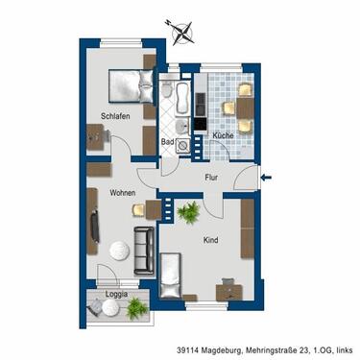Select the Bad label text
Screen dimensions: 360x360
click(167, 142)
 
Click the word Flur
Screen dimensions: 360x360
click(213, 177)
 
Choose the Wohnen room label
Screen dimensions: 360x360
click(122, 194)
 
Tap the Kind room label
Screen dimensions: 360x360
click(210, 243)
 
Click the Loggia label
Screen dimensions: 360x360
click(116, 294)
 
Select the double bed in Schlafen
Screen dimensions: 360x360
click(126, 86)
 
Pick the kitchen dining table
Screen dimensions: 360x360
click(233, 108)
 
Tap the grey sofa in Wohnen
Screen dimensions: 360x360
click(145, 250)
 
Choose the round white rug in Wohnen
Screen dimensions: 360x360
click(118, 252)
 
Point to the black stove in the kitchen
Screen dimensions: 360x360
click(200, 124)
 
